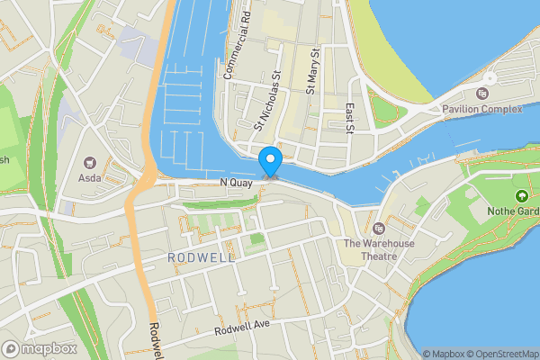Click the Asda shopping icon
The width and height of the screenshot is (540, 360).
[x=90, y=163]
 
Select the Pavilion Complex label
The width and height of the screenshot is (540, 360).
[x=482, y=110]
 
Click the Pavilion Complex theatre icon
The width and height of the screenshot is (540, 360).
[x=482, y=94]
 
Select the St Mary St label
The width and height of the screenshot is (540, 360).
[x=311, y=71]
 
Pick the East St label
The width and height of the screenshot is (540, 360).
[x=350, y=118]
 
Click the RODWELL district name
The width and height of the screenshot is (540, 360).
[x=201, y=257]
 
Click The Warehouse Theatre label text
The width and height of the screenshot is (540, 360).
[x=377, y=250]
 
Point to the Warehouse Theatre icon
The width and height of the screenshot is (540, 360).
[x=378, y=228]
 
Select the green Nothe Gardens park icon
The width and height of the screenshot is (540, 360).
[x=520, y=196]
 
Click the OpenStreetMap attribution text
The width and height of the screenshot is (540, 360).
[x=496, y=354]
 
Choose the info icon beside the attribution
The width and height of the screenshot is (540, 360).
[x=414, y=354]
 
